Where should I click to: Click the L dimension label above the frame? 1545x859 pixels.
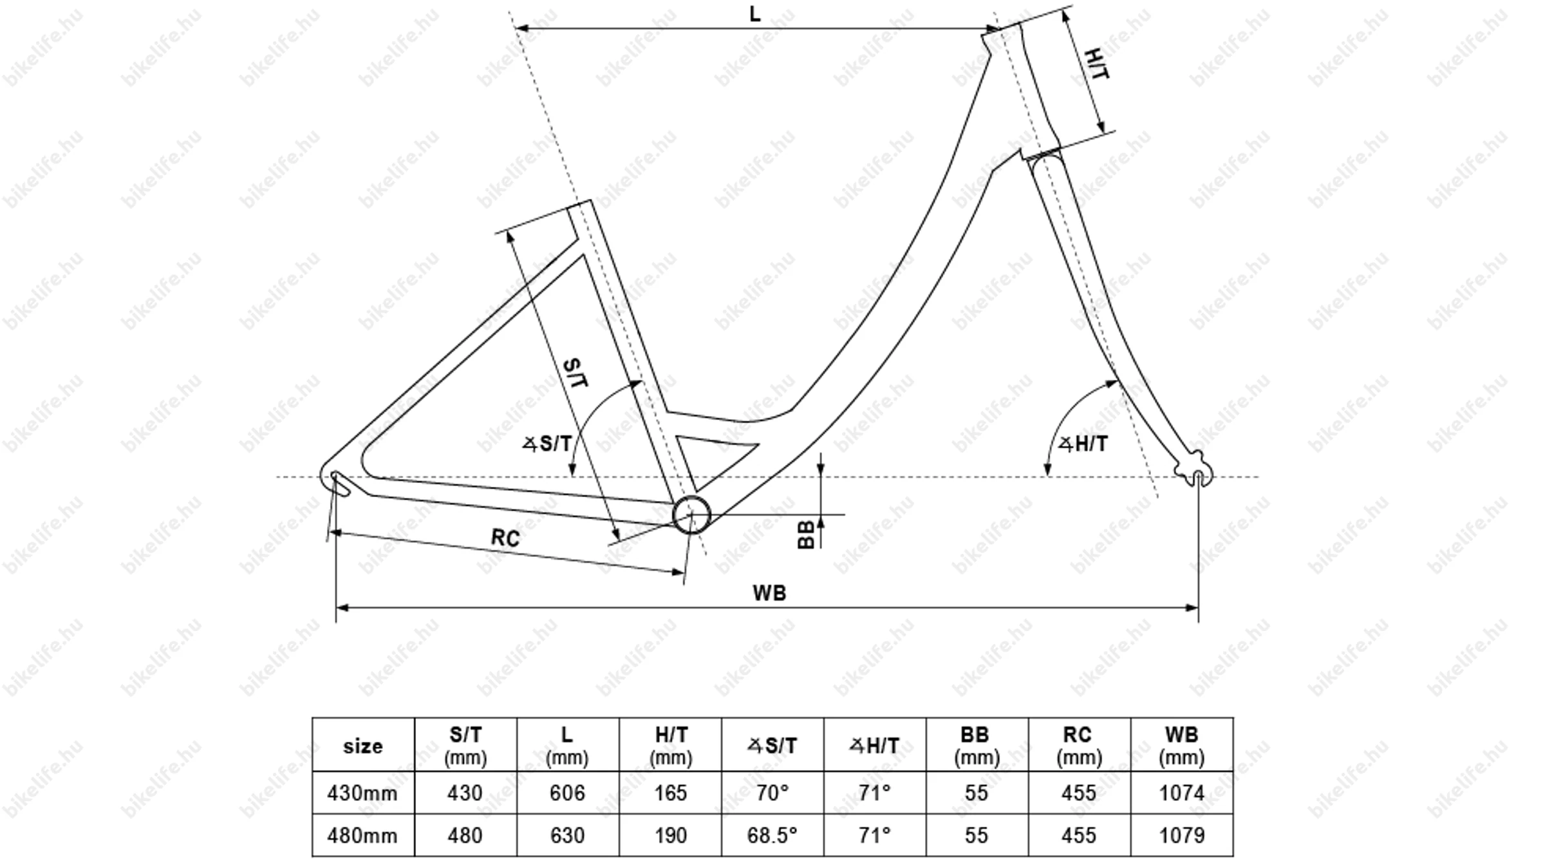(755, 14)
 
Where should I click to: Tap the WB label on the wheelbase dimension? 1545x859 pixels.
(769, 593)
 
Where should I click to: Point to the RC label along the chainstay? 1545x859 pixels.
(505, 538)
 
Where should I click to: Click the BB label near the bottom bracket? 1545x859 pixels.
(806, 535)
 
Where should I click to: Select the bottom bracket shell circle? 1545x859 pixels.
(691, 515)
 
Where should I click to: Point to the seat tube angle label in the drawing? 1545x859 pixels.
(547, 444)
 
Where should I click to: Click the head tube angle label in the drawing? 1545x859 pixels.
(1083, 444)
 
